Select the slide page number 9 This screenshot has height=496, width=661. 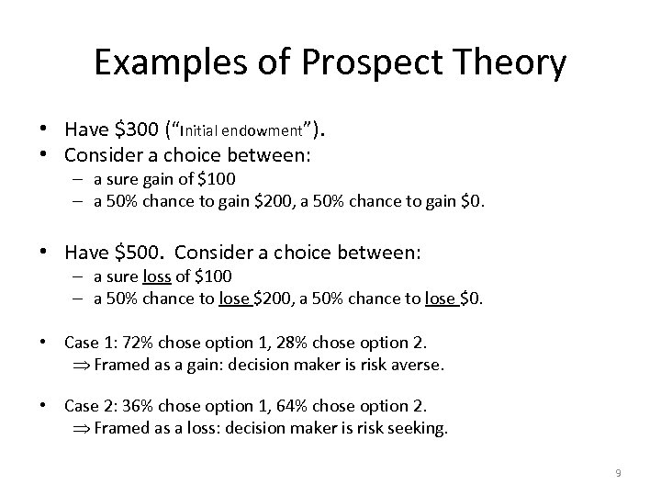(618, 473)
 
